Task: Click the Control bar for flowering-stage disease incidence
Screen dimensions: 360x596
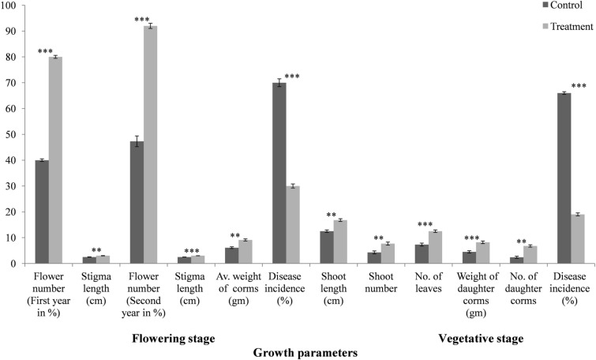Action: pyautogui.click(x=279, y=173)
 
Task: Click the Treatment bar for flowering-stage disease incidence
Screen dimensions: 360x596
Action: pyautogui.click(x=293, y=224)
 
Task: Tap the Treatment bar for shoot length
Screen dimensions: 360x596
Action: pyautogui.click(x=340, y=242)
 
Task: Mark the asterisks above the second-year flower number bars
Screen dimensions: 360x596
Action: pyautogui.click(x=142, y=20)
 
